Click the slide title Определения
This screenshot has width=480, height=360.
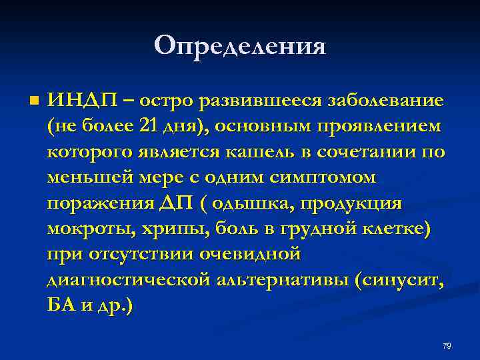(240, 45)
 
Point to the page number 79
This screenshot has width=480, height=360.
(447, 346)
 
